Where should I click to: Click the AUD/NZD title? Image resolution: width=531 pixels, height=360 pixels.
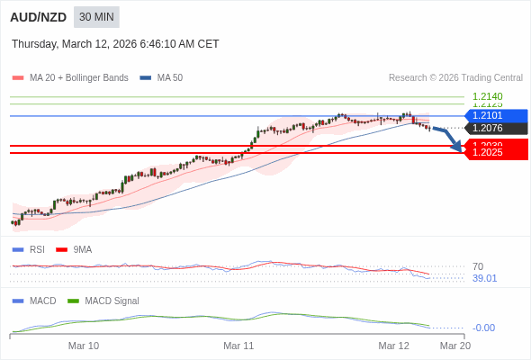[37, 17]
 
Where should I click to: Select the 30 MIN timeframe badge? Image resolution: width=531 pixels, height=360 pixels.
[96, 17]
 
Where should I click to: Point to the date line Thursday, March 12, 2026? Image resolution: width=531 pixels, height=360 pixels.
[115, 44]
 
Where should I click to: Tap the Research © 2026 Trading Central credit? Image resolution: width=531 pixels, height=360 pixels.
[455, 78]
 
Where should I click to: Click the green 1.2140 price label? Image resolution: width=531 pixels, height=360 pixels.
[487, 95]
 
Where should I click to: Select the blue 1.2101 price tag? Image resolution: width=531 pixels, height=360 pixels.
[495, 115]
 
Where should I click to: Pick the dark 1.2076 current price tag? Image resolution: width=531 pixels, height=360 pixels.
[495, 128]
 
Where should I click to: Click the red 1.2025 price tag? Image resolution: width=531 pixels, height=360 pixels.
[495, 153]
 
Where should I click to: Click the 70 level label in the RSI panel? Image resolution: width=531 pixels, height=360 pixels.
[478, 266]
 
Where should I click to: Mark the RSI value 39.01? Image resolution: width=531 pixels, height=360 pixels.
[484, 278]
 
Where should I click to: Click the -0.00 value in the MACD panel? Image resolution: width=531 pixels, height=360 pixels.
[483, 328]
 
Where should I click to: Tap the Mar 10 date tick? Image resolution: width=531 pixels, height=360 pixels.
[84, 346]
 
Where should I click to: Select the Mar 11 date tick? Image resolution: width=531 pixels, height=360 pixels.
[238, 346]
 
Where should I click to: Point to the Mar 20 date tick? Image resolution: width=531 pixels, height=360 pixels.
[454, 346]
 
